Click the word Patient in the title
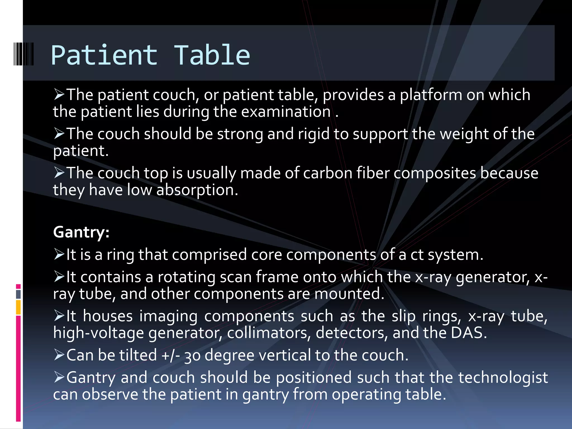(x=104, y=55)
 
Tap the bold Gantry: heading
(x=81, y=232)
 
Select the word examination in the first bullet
(x=286, y=112)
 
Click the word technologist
(x=503, y=378)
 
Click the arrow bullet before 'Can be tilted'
(x=59, y=355)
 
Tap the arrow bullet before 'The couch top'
(x=59, y=173)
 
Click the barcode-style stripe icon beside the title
(x=24, y=54)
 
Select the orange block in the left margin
(x=18, y=307)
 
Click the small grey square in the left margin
(x=18, y=294)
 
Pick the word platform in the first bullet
(x=431, y=95)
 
